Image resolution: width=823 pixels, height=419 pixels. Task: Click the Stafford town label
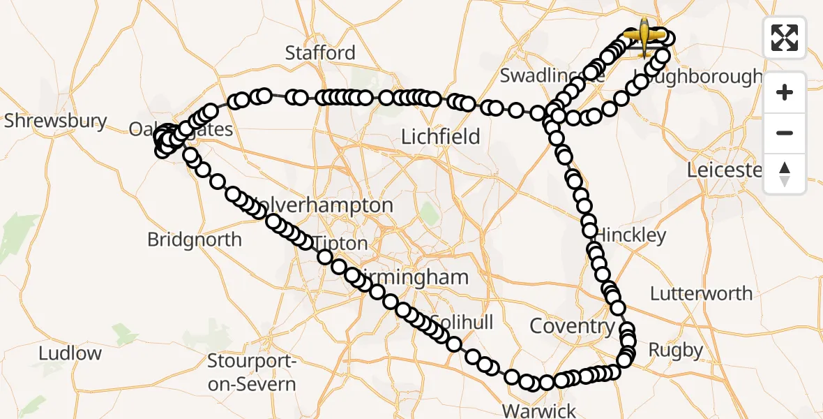click(320, 53)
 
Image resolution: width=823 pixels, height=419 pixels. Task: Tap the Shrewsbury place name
click(55, 121)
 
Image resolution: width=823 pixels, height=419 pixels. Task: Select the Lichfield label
click(441, 137)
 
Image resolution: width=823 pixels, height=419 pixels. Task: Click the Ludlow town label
click(70, 353)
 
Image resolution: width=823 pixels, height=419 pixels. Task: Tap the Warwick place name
click(539, 410)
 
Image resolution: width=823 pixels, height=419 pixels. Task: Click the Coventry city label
click(571, 326)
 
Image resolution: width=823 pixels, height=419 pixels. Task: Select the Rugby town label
click(675, 350)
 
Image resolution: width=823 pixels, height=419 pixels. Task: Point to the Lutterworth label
click(701, 293)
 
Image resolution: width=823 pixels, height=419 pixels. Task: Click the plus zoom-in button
click(785, 92)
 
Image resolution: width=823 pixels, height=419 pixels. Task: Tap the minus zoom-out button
click(785, 133)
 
